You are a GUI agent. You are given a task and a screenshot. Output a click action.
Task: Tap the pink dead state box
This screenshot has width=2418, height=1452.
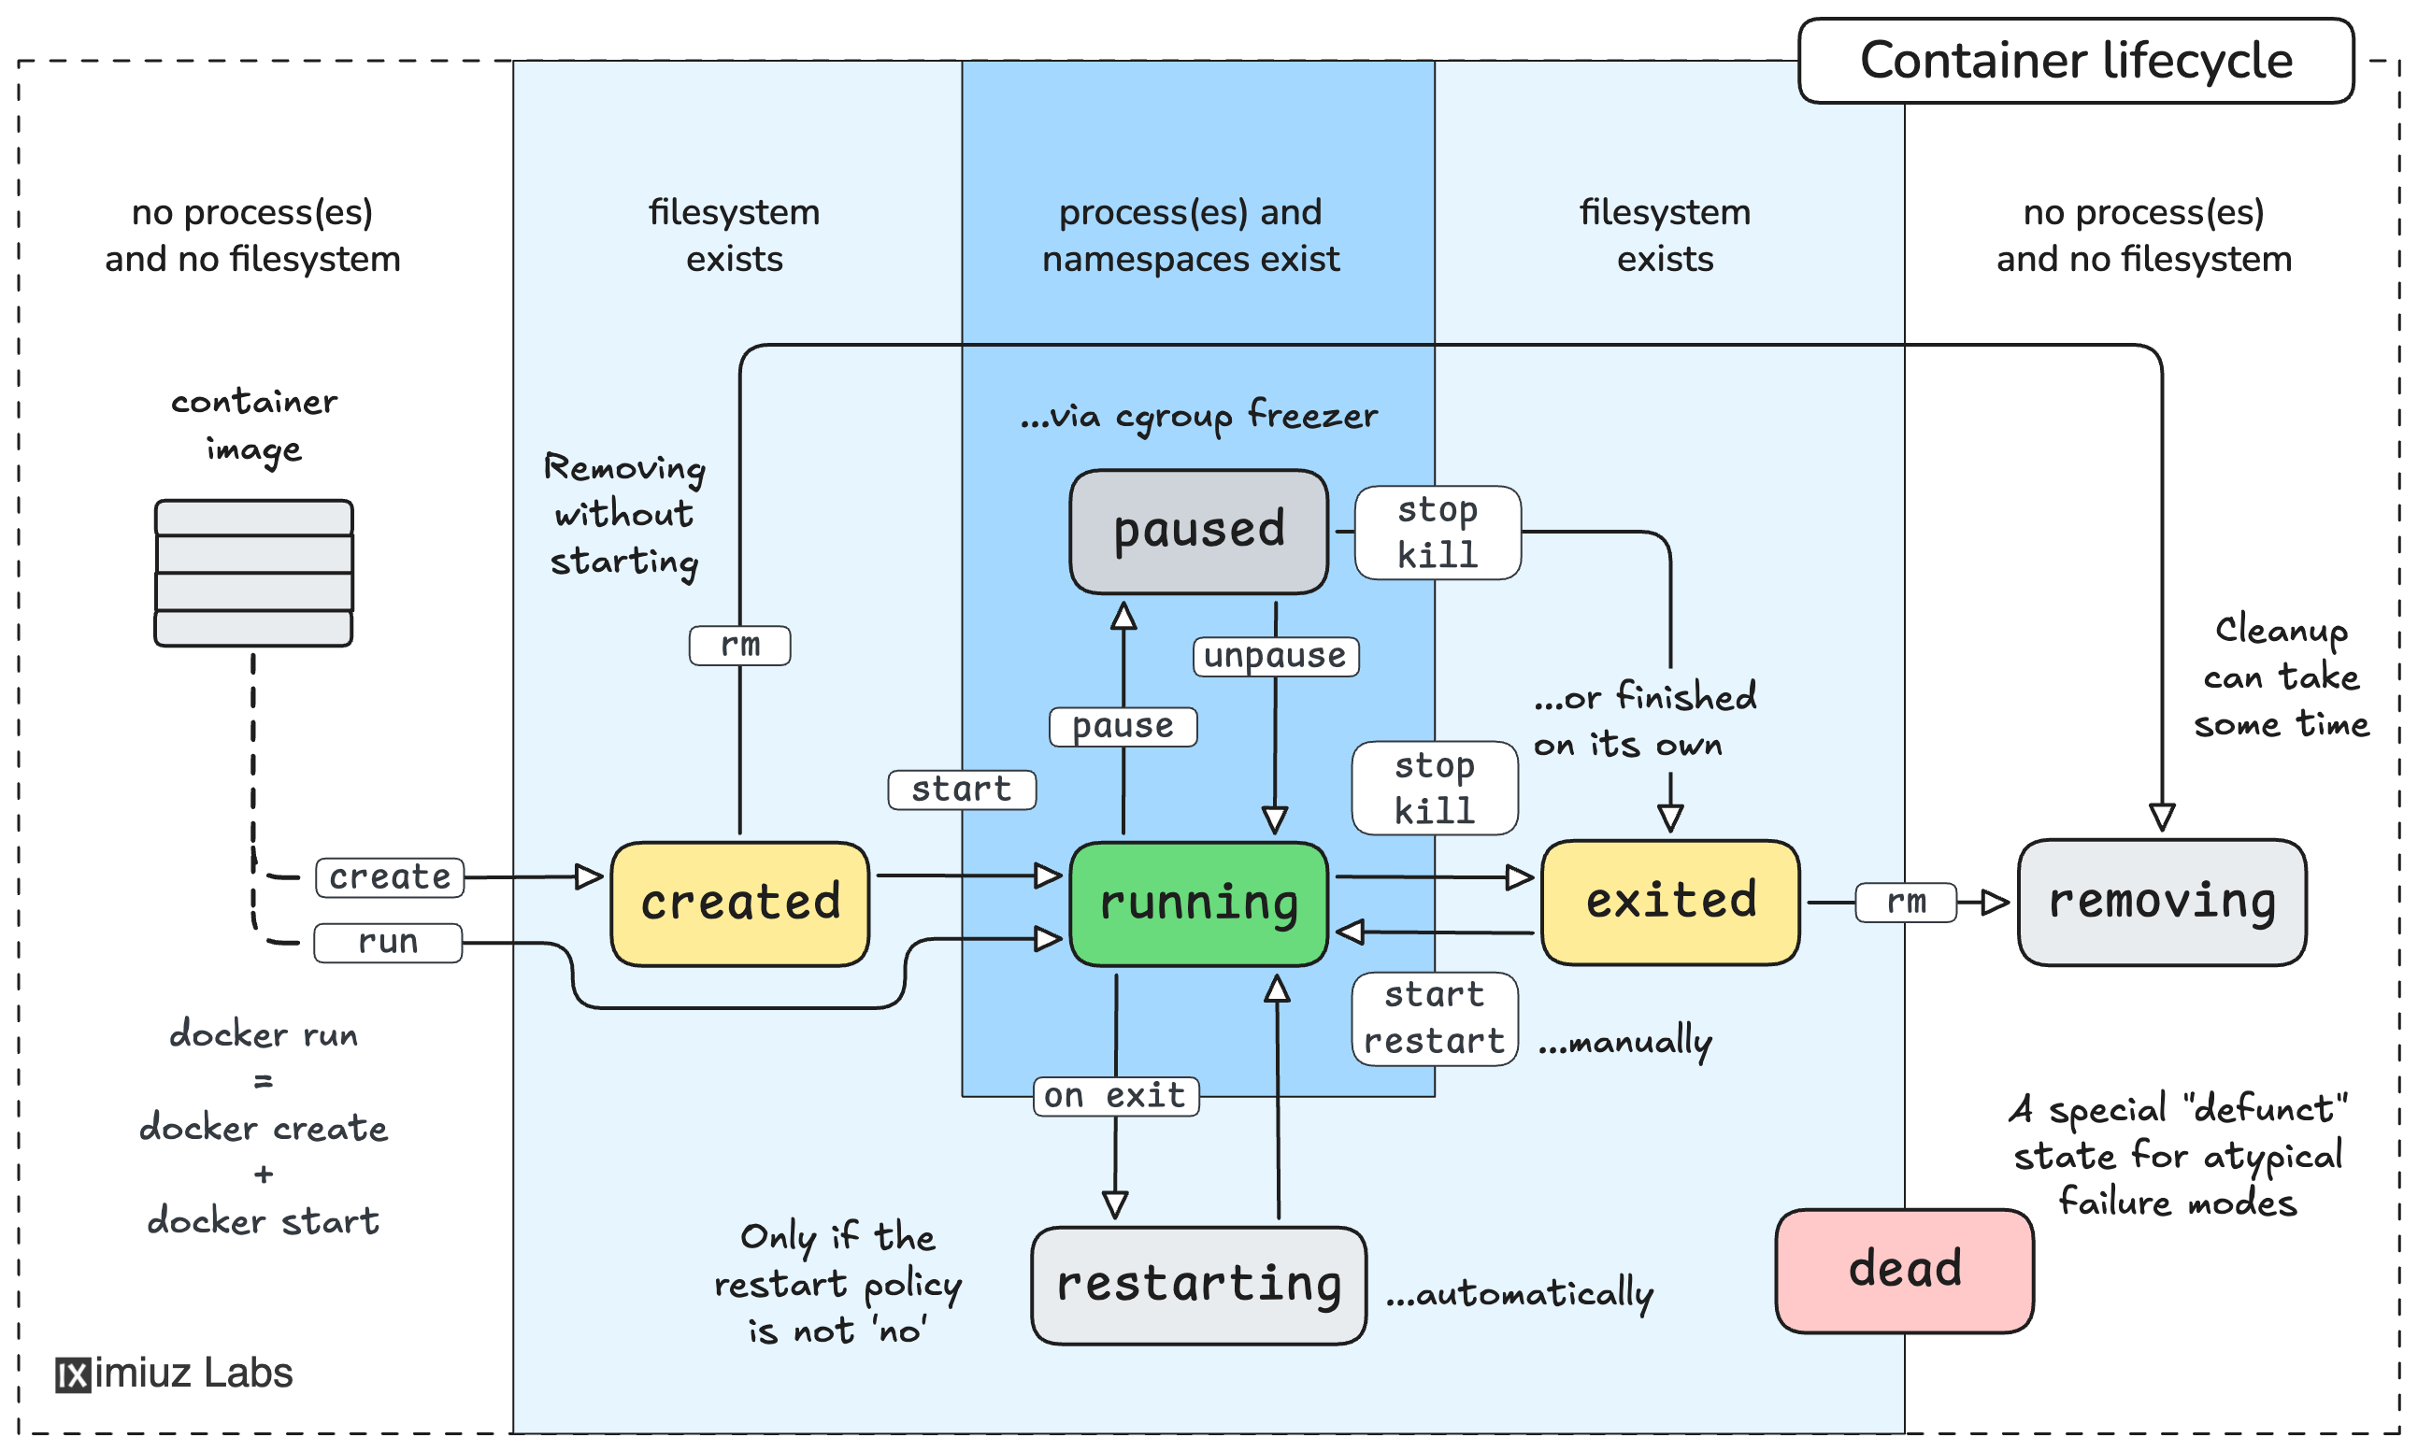1903,1270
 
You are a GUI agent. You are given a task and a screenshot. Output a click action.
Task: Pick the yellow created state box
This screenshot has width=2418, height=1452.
739,904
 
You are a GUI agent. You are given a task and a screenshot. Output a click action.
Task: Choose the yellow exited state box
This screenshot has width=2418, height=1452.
1669,901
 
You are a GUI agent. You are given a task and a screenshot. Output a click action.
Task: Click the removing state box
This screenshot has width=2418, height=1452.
2161,901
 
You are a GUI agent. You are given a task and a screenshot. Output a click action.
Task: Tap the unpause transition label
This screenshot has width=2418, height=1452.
1274,656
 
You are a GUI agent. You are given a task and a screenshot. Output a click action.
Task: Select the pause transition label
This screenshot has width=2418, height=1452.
1123,726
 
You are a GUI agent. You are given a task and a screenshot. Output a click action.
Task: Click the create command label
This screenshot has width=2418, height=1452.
390,876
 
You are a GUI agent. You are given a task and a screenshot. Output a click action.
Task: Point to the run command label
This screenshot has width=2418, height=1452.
388,942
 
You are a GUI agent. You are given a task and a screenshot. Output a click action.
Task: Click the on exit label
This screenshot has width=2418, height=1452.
1116,1096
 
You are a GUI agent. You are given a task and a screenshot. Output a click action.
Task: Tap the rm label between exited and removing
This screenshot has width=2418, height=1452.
1905,901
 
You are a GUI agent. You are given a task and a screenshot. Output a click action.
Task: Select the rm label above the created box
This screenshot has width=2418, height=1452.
739,645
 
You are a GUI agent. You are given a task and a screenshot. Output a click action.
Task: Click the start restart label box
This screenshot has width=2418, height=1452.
1434,1018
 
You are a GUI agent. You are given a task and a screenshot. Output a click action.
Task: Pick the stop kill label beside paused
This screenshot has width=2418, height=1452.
1437,533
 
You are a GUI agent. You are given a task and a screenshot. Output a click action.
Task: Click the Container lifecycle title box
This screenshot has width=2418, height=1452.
2075,61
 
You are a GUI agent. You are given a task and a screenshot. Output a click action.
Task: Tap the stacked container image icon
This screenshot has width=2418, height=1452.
253,573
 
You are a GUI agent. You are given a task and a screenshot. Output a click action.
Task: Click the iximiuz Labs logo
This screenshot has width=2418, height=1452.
174,1373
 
